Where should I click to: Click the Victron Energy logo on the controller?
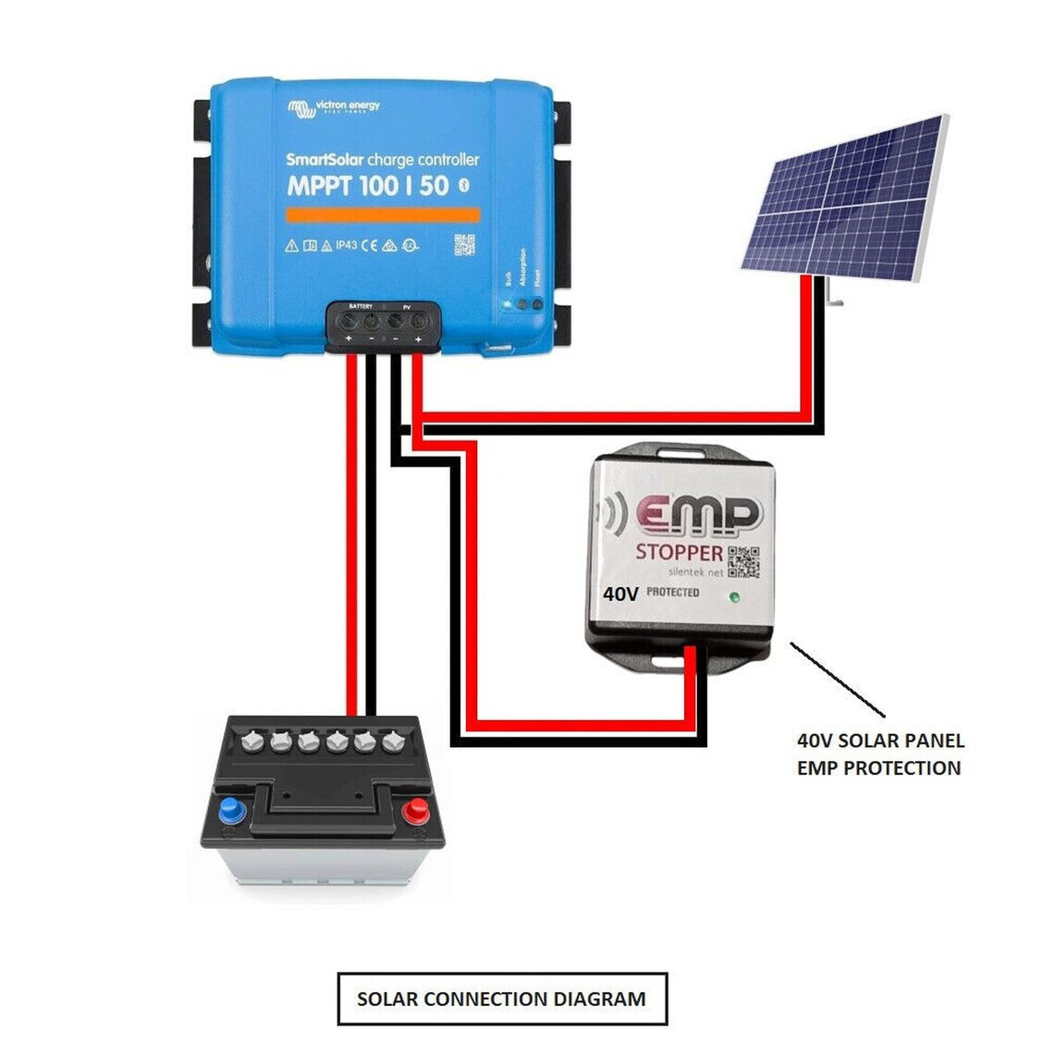click(333, 108)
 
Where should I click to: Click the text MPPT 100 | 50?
click(367, 186)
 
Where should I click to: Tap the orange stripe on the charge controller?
click(382, 214)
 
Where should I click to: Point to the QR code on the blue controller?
click(464, 245)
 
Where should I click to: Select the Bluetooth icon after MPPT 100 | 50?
click(464, 186)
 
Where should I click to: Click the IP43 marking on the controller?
click(346, 245)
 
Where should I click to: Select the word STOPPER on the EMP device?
click(678, 553)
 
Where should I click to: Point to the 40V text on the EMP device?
click(620, 594)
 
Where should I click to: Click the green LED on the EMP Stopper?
click(734, 596)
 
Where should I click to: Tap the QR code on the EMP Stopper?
click(744, 562)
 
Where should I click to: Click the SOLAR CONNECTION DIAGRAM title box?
click(502, 999)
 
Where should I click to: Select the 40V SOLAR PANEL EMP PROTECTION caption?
click(879, 754)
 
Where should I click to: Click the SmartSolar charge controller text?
click(382, 160)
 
